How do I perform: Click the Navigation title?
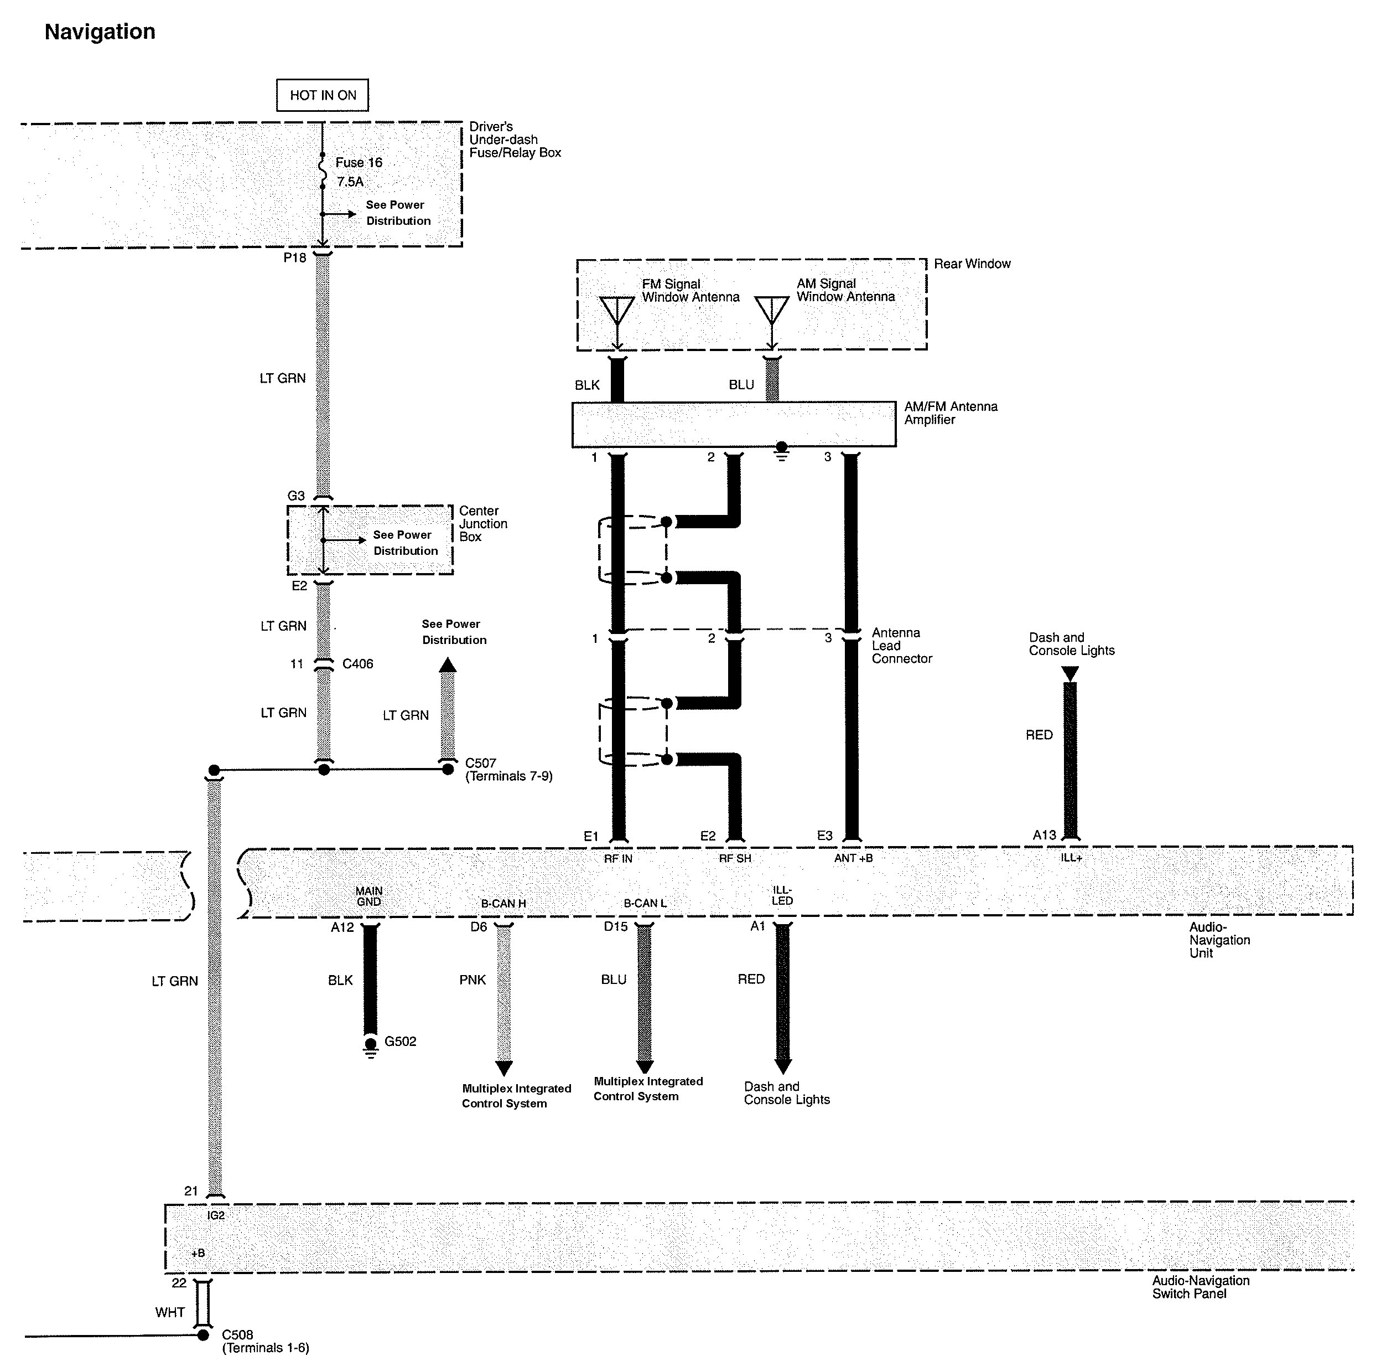pyautogui.click(x=100, y=32)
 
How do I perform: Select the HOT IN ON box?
pyautogui.click(x=323, y=95)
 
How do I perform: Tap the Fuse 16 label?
pyautogui.click(x=359, y=163)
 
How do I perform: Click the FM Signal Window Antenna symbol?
pyautogui.click(x=617, y=311)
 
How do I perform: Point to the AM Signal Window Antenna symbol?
pyautogui.click(x=772, y=311)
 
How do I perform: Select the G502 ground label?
pyautogui.click(x=400, y=1042)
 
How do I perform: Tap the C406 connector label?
pyautogui.click(x=357, y=664)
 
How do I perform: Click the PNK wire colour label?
pyautogui.click(x=473, y=981)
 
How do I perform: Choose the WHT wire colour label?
pyautogui.click(x=170, y=1313)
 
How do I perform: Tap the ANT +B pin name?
pyautogui.click(x=854, y=858)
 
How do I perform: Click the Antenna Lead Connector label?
pyautogui.click(x=901, y=646)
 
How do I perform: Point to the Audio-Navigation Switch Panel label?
pyautogui.click(x=1200, y=1287)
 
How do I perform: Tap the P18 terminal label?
pyautogui.click(x=294, y=258)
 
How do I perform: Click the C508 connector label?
pyautogui.click(x=237, y=1335)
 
